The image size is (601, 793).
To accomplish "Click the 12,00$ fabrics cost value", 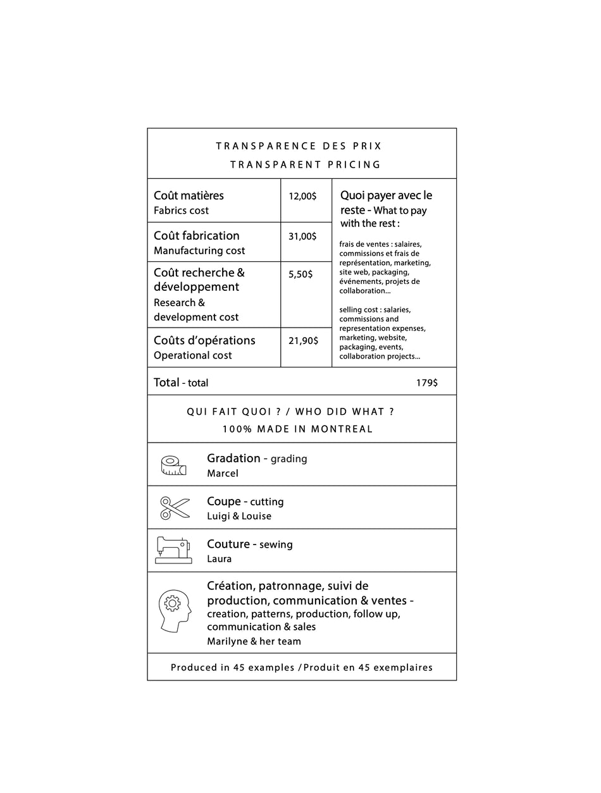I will click(x=302, y=196).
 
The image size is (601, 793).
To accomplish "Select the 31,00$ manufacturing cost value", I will click(x=302, y=237).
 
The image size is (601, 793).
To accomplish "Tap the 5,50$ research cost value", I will click(x=300, y=274).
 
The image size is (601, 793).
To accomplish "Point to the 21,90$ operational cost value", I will click(x=303, y=341).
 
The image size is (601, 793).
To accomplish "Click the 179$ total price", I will click(x=426, y=383).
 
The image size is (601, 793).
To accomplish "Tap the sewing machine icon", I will click(x=173, y=550).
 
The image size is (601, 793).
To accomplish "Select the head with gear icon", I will click(x=174, y=611).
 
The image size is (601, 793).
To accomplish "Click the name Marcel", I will click(x=223, y=474).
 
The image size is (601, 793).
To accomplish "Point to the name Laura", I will click(x=219, y=559).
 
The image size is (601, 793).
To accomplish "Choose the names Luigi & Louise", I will click(x=239, y=517).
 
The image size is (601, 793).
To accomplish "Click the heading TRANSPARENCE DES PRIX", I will click(x=299, y=146).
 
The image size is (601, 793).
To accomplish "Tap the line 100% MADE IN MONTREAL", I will click(x=297, y=429).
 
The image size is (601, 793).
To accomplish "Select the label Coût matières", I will click(x=189, y=195).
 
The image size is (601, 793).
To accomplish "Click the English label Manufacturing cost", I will click(x=199, y=251).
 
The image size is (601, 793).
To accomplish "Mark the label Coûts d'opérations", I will click(x=204, y=340).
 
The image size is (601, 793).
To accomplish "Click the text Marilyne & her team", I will click(x=254, y=641).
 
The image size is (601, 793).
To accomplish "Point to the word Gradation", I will click(x=233, y=458).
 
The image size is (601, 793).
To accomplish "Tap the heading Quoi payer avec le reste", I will click(x=386, y=202).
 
